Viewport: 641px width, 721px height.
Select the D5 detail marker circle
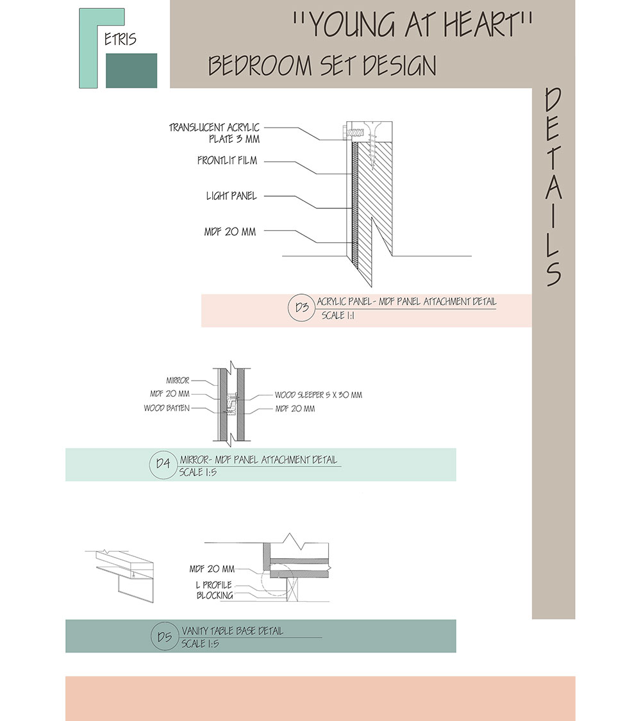(x=164, y=636)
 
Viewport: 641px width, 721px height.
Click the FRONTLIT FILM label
(x=227, y=161)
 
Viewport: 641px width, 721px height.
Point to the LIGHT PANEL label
(x=231, y=196)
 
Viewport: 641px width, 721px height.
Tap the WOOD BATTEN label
(x=167, y=408)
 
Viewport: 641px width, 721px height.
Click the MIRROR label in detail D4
(x=178, y=381)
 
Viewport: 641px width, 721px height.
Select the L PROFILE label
(x=214, y=585)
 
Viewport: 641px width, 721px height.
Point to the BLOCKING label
(x=215, y=595)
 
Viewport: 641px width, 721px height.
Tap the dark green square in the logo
(x=131, y=70)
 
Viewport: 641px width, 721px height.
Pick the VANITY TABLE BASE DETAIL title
(x=231, y=631)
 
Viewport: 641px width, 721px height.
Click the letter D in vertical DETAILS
(x=553, y=101)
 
